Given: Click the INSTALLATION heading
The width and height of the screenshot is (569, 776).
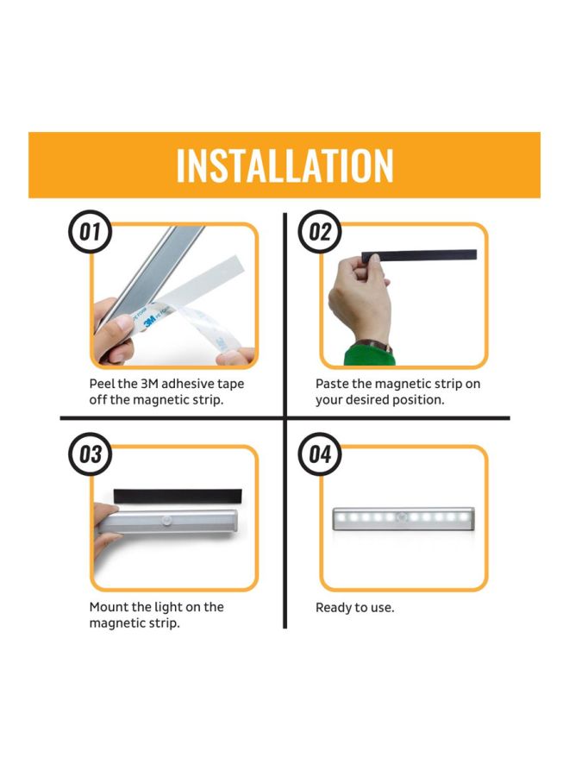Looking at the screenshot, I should coord(284,166).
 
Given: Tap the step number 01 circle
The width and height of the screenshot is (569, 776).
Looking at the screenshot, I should coord(91,233).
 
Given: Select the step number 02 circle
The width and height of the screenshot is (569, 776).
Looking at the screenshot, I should coord(319,233).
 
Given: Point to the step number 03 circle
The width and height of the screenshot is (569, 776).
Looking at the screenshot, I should coord(91,454).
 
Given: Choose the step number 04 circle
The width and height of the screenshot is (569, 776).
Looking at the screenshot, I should coord(319,454).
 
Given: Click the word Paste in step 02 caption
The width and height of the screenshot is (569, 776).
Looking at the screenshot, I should coord(334,384).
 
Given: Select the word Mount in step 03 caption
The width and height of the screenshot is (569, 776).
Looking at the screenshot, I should coord(109,607).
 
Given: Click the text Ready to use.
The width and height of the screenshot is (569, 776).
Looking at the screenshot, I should coord(354,608).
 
